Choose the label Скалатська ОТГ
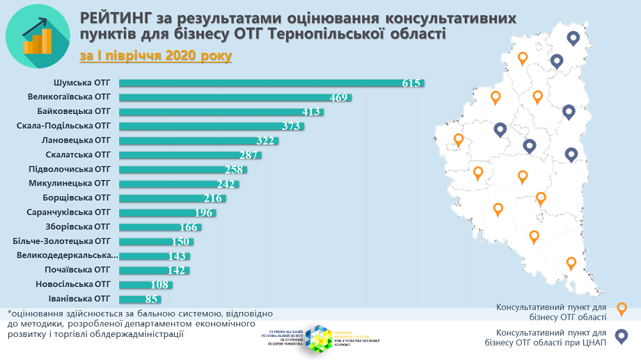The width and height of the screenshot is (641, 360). click(x=78, y=154)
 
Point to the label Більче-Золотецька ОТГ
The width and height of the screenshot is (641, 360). click(x=62, y=241)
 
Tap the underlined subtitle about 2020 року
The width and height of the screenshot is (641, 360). click(x=156, y=56)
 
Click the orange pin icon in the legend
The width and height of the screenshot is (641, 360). click(x=621, y=309)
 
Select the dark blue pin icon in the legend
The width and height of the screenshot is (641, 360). click(x=621, y=336)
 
